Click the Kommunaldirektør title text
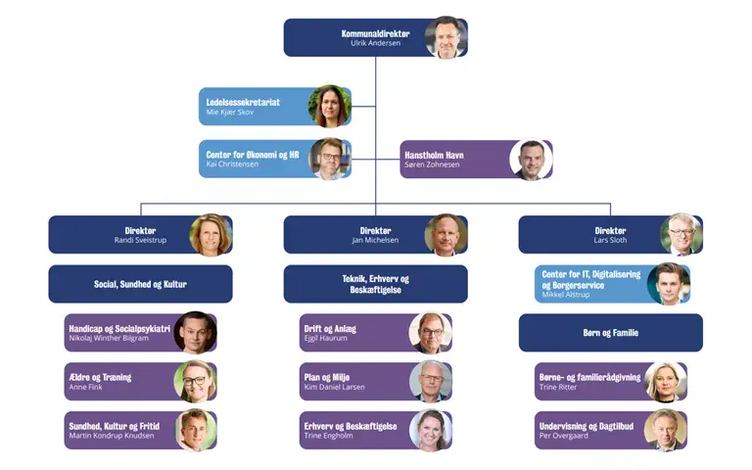pos(376,33)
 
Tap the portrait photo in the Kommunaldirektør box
pos(446,37)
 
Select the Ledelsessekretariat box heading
pos(243,102)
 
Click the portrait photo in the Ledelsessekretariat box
pos(330,107)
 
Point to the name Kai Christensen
pos(232,164)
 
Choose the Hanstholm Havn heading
pos(434,155)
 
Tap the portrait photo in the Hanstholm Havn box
pos(531,160)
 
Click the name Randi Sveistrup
pos(140,240)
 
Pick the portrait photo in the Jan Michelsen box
pos(446,235)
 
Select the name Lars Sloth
pos(610,240)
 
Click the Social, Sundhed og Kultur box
pos(141,284)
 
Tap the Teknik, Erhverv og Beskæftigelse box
pos(376,284)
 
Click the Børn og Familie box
pos(611,333)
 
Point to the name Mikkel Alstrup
pos(565,295)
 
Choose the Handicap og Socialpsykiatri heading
pos(119,329)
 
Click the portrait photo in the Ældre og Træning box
pos(195,382)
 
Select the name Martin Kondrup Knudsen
pos(112,436)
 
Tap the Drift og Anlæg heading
pos(330,329)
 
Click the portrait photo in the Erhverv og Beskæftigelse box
pos(431,431)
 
